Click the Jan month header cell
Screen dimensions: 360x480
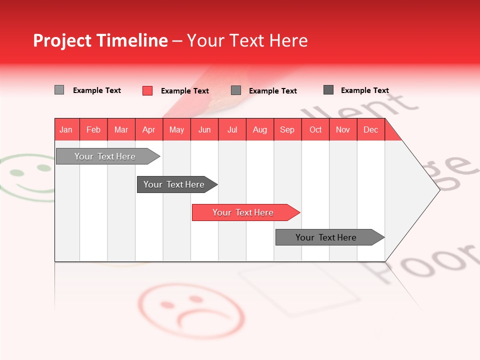tap(66, 129)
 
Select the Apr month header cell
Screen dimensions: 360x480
tap(149, 129)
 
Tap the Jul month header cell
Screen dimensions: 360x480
tap(232, 129)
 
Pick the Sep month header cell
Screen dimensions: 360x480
tap(287, 129)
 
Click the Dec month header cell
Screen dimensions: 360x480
tap(370, 129)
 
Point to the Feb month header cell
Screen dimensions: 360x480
tap(93, 129)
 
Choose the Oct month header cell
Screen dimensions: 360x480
tap(315, 129)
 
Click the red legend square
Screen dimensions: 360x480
tap(147, 90)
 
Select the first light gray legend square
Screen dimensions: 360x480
tap(59, 90)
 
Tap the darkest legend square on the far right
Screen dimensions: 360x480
tap(328, 90)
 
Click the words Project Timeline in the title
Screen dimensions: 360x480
tap(100, 40)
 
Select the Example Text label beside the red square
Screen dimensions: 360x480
tap(185, 91)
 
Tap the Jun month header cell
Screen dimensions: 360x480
tap(204, 129)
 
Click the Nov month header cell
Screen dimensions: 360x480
tap(343, 129)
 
